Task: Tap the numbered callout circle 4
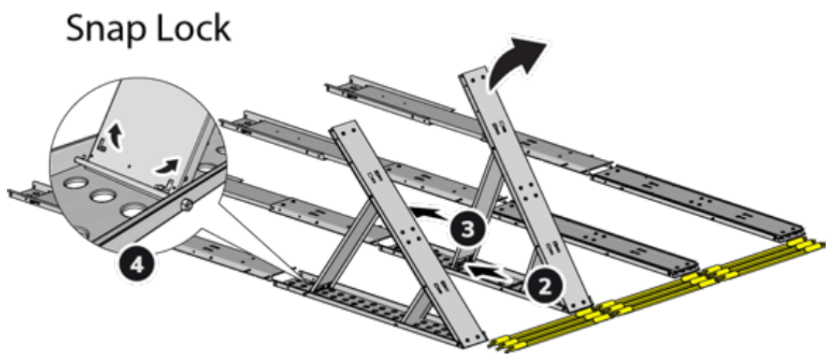136,266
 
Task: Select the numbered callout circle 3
467,228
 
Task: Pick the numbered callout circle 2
545,285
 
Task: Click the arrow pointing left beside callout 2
485,272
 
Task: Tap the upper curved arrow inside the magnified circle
115,136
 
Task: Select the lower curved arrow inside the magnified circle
166,166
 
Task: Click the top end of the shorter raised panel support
345,128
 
